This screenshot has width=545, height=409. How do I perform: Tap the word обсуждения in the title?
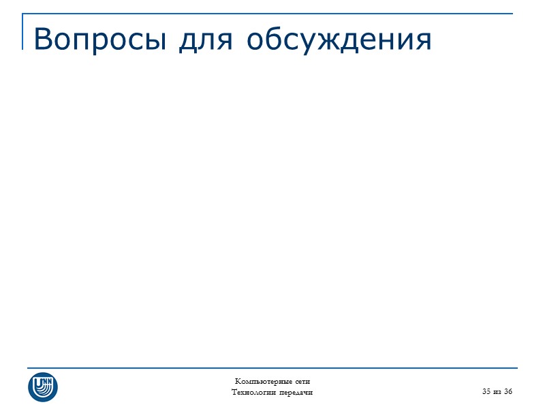click(339, 40)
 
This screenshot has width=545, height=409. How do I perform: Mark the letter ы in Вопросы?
click(158, 41)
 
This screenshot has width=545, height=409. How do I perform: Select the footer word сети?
click(302, 380)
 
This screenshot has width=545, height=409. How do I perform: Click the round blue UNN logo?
click(43, 386)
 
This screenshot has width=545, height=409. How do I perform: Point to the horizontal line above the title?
click(272, 14)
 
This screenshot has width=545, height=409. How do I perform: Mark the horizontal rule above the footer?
click(272, 368)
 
